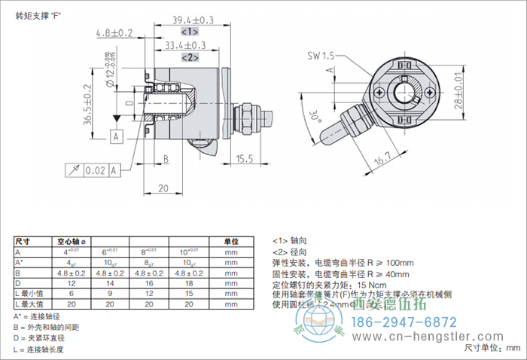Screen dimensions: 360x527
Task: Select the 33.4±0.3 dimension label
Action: pyautogui.click(x=190, y=45)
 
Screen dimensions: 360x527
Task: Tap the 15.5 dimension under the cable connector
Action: pyautogui.click(x=245, y=159)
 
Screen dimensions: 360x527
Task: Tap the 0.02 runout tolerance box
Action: pyautogui.click(x=94, y=171)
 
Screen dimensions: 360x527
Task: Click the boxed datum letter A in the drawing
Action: pyautogui.click(x=116, y=136)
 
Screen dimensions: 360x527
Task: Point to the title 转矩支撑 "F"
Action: pyautogui.click(x=38, y=14)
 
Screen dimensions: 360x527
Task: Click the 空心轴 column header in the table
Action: pyautogui.click(x=72, y=242)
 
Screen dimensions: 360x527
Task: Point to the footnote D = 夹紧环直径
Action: pyautogui.click(x=44, y=338)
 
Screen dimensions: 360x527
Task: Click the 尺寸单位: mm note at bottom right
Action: pyautogui.click(x=492, y=348)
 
